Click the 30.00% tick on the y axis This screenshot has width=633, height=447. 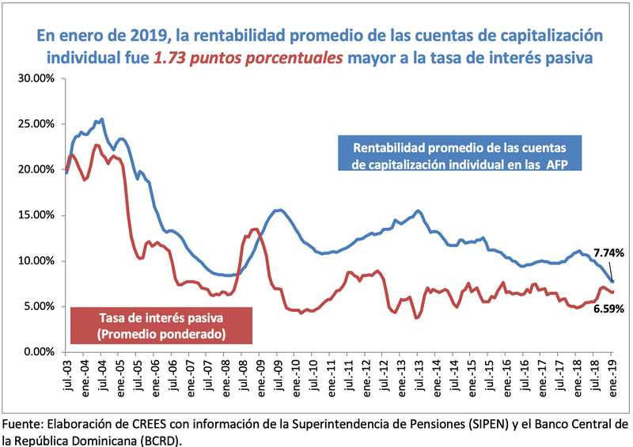tap(36, 78)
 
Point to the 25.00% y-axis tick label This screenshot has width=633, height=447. tap(36, 124)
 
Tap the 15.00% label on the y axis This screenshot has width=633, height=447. tap(36, 215)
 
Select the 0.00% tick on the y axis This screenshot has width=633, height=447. tap(38, 352)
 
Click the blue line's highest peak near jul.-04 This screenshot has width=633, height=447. tap(101, 119)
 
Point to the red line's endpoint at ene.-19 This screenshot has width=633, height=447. tap(613, 292)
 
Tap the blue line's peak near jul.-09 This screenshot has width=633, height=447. tap(279, 210)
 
